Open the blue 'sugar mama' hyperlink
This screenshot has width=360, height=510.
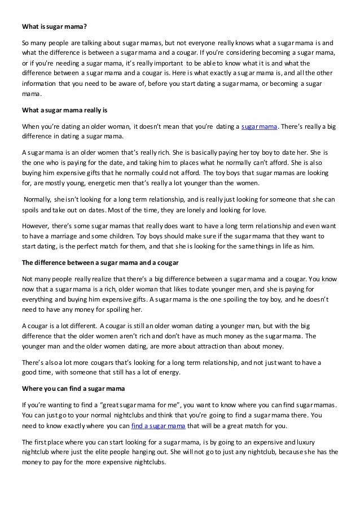click(x=260, y=127)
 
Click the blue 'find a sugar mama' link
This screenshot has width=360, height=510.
click(x=158, y=426)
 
